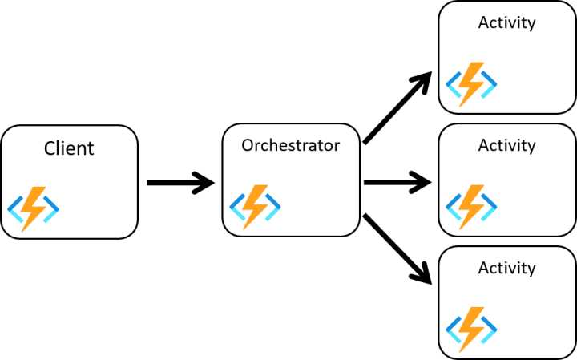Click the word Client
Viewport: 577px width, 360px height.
pyautogui.click(x=69, y=148)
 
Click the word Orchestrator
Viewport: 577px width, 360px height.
pyautogui.click(x=290, y=145)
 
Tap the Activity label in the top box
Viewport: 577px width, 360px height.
pyautogui.click(x=506, y=22)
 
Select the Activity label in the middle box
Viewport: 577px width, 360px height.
pyautogui.click(x=506, y=145)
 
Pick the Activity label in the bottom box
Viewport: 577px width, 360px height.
pyautogui.click(x=506, y=268)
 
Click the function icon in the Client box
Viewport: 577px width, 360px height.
pyautogui.click(x=34, y=208)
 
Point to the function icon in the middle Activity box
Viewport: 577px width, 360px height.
pyautogui.click(x=471, y=207)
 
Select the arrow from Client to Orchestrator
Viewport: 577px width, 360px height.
pyautogui.click(x=180, y=184)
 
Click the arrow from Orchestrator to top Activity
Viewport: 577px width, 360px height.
pyautogui.click(x=397, y=109)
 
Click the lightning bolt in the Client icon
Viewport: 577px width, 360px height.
pyautogui.click(x=34, y=208)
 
